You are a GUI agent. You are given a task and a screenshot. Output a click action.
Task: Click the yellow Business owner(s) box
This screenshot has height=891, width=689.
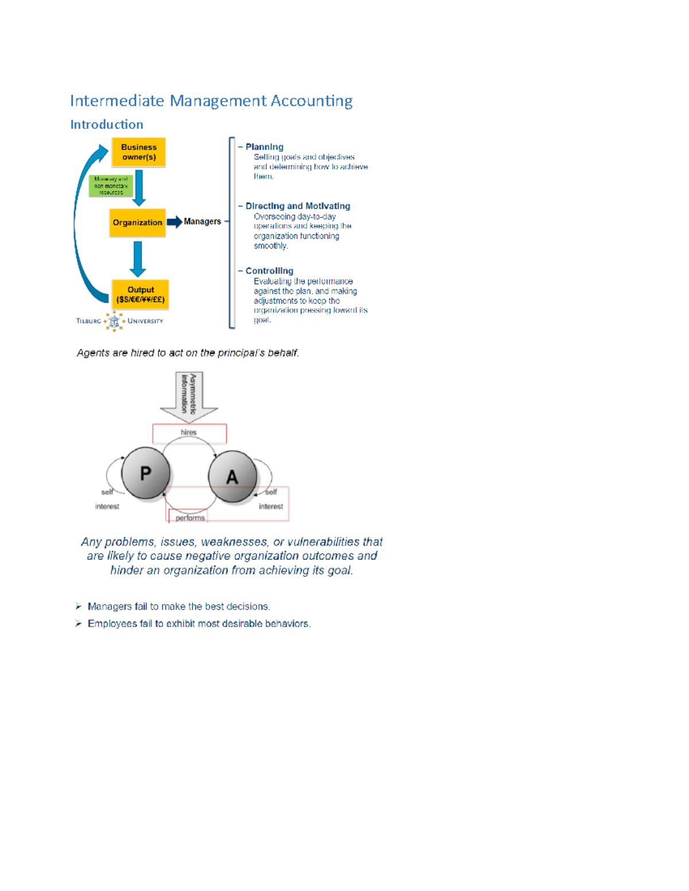click(x=138, y=152)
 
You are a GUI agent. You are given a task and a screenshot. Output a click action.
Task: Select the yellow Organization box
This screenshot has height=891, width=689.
click(x=137, y=223)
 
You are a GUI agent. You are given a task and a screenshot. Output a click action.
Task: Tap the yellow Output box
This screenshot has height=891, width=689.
click(x=140, y=294)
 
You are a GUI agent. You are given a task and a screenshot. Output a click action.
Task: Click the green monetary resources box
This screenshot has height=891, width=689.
click(x=111, y=186)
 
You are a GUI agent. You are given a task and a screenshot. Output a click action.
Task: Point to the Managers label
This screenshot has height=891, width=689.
click(x=202, y=221)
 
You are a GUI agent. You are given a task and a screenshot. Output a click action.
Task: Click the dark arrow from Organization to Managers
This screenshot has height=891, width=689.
click(x=175, y=221)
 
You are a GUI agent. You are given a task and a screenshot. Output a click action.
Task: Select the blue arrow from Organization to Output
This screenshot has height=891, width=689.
click(x=137, y=258)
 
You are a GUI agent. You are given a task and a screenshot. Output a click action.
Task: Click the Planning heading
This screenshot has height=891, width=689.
click(x=264, y=147)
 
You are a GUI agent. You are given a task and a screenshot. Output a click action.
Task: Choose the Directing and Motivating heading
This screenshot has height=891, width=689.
click(x=297, y=206)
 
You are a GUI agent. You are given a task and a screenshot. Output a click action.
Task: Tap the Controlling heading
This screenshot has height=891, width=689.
click(x=269, y=271)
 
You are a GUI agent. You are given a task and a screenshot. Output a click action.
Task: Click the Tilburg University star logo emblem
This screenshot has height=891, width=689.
click(x=114, y=321)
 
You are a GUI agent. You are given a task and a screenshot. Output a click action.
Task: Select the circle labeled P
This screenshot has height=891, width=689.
click(x=146, y=473)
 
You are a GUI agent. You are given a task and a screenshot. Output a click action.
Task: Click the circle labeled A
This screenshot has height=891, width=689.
click(x=232, y=476)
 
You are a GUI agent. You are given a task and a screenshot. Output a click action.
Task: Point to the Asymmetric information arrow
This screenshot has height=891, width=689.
click(x=189, y=396)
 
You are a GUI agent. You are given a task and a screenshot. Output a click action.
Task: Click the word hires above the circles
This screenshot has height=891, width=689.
click(x=188, y=433)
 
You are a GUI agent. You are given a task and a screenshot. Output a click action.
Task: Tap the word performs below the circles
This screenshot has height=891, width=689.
click(x=190, y=518)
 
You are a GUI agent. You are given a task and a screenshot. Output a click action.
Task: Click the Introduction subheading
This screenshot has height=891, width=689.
click(x=107, y=124)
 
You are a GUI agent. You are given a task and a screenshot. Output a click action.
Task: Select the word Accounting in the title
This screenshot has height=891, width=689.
click(x=311, y=101)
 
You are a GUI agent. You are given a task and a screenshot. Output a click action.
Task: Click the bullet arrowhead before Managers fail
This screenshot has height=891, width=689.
click(x=79, y=606)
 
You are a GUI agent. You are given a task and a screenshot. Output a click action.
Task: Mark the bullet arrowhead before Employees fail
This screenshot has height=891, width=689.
click(x=79, y=624)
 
